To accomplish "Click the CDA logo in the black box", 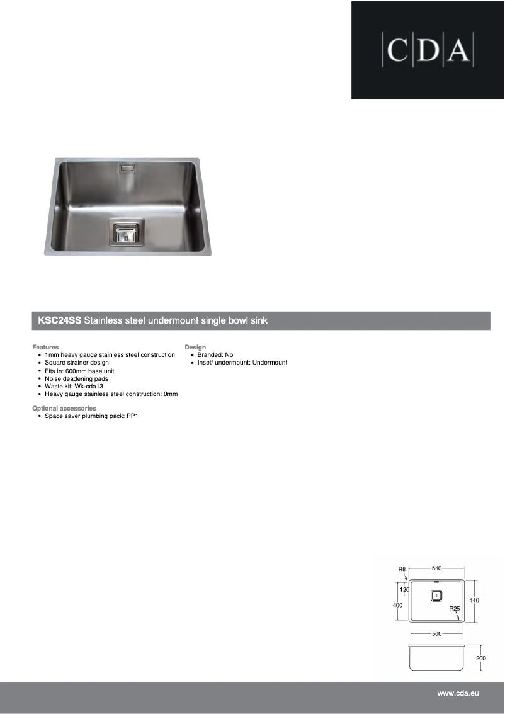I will [x=428, y=50].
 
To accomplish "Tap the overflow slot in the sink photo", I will [x=126, y=168].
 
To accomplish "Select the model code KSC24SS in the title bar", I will [x=59, y=320].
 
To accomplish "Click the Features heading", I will [x=45, y=347].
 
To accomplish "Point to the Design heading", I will [x=195, y=347].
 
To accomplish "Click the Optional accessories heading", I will [x=64, y=409].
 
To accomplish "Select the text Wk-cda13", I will [x=89, y=387].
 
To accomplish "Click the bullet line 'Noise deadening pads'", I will [x=76, y=379].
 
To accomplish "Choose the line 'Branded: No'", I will [x=215, y=355].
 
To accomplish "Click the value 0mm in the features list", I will [x=171, y=394].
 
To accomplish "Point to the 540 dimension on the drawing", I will [x=436, y=569].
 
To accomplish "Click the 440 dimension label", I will [x=474, y=600].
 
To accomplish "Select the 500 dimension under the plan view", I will [x=436, y=633].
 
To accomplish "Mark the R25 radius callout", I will [x=454, y=609].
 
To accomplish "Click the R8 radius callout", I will [x=402, y=569].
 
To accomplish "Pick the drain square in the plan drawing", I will [x=436, y=596].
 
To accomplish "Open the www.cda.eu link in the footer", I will [x=458, y=693].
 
